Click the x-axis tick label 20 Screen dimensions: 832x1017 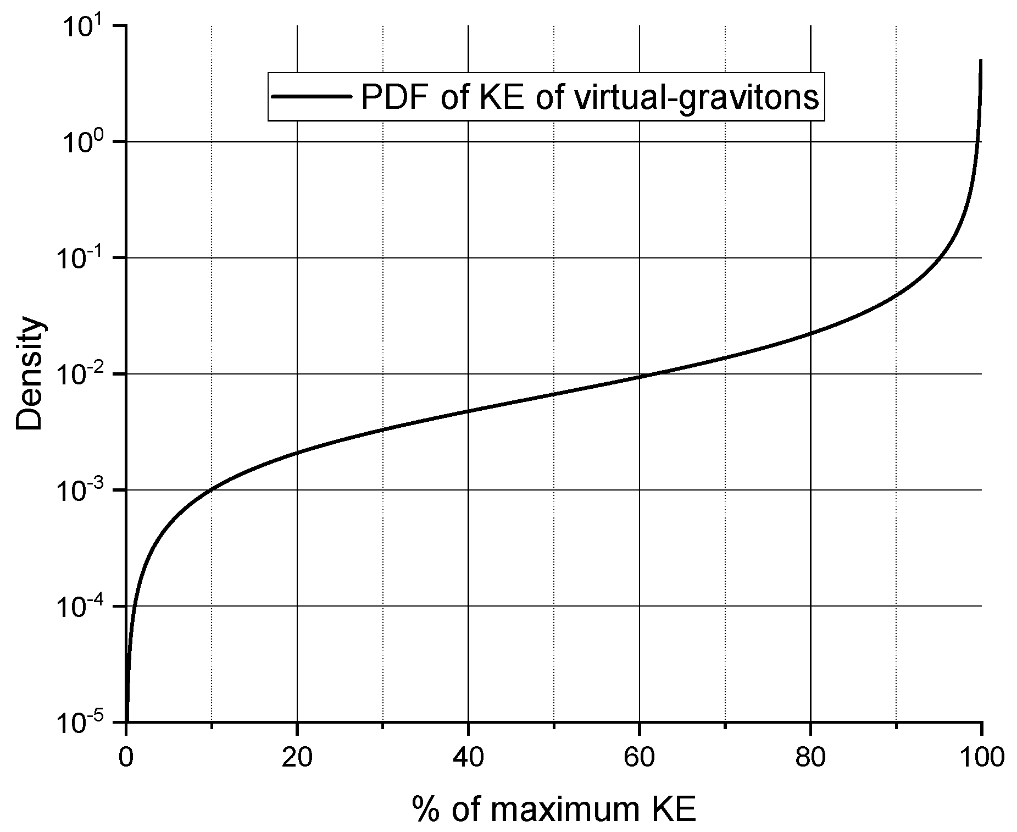297,758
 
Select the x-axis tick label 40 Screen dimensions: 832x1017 468,758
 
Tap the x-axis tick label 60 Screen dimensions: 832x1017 639,758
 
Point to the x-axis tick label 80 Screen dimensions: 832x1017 810,758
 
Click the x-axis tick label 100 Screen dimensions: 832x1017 981,758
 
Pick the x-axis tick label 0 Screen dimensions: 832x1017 126,758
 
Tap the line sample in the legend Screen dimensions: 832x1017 312,96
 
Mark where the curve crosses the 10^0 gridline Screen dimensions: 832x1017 976,142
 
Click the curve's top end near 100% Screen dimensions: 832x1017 981,60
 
